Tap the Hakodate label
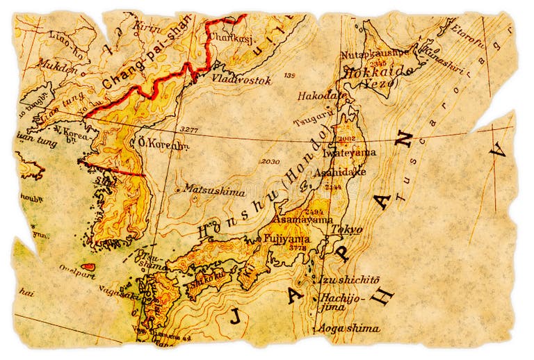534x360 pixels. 322,95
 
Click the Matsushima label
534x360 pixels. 204,188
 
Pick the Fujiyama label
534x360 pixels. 287,238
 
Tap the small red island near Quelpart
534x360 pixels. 88,266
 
